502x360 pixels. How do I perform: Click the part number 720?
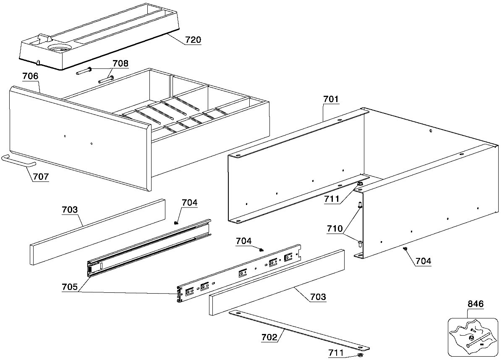[193, 40]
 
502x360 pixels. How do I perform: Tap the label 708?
[120, 63]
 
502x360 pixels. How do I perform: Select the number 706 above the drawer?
[30, 76]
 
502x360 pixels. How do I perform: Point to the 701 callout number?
[331, 99]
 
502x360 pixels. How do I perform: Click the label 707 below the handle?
[41, 176]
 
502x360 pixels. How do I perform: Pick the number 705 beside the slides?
[70, 286]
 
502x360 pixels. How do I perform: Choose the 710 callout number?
[335, 229]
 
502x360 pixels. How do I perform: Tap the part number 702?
[269, 337]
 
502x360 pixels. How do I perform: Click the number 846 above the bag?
[476, 304]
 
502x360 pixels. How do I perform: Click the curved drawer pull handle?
[18, 161]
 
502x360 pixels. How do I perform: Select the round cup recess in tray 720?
[59, 49]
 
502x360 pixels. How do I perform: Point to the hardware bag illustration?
[473, 337]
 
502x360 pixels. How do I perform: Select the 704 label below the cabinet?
[423, 261]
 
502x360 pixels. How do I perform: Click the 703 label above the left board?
[70, 210]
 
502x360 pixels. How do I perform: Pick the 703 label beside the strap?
[318, 297]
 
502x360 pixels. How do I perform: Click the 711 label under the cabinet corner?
[332, 199]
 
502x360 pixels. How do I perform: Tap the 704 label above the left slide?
[190, 202]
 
